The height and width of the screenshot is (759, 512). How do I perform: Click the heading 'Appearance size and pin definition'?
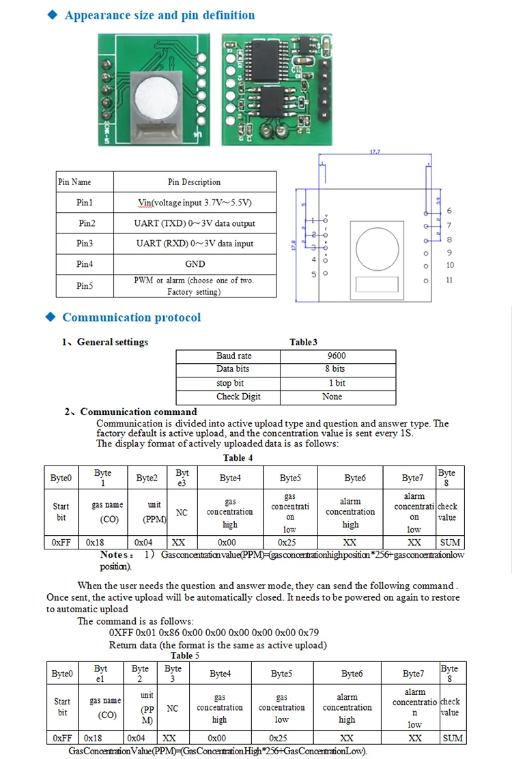click(159, 15)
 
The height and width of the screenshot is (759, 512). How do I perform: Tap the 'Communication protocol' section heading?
click(131, 317)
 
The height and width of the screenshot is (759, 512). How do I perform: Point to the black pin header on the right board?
click(325, 89)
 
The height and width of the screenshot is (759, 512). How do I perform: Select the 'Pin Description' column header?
click(195, 182)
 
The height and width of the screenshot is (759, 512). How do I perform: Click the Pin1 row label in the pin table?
click(85, 203)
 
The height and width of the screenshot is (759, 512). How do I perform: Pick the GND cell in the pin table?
click(195, 264)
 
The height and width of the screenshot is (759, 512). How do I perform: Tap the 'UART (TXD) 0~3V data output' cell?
click(195, 223)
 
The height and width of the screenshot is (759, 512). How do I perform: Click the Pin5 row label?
click(85, 286)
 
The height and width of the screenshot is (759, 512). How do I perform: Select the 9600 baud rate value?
click(337, 356)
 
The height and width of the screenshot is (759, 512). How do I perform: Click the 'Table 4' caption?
click(238, 458)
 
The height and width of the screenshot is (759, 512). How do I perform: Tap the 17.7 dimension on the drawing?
click(374, 152)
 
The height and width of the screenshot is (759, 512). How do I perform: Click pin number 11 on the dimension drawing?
click(449, 281)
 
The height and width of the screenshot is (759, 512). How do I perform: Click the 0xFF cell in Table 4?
click(61, 543)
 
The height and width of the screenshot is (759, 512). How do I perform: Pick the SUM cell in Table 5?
click(452, 738)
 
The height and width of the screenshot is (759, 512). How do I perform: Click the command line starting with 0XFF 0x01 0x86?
click(214, 633)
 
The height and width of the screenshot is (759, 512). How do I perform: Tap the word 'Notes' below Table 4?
click(116, 555)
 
